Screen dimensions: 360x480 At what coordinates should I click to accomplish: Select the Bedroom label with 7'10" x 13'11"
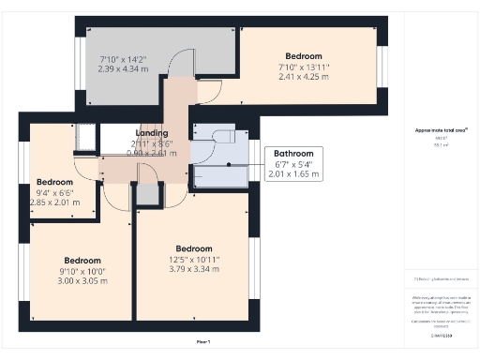(305, 56)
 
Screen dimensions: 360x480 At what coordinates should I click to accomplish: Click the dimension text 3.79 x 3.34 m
(193, 269)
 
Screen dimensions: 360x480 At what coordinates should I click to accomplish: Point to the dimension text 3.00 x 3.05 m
(82, 280)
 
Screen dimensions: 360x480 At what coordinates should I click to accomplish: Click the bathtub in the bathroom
(221, 174)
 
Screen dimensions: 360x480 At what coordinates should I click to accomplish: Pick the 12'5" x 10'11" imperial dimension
(193, 259)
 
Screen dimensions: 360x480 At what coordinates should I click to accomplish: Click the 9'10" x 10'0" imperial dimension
(82, 270)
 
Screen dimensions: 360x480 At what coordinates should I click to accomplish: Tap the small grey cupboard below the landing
(147, 195)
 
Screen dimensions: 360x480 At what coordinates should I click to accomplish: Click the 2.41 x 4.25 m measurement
(305, 77)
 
